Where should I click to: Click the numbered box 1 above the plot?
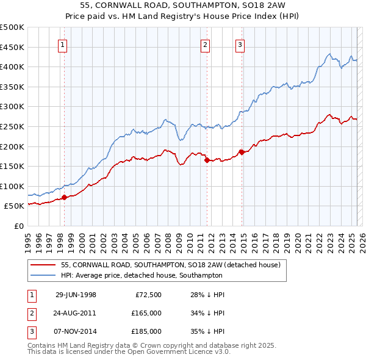pos(63,44)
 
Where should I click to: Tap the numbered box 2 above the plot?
pos(206,44)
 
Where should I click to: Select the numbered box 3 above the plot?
pos(240,44)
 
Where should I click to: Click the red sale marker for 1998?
pos(64,197)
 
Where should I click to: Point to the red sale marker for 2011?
pos(207,160)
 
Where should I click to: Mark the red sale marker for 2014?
pos(242,152)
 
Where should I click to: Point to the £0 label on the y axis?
pos(18,226)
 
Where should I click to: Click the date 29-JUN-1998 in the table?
pos(76,295)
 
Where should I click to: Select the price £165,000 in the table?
pos(146,313)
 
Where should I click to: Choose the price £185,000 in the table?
pos(146,331)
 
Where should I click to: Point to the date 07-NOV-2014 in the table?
pos(76,331)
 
